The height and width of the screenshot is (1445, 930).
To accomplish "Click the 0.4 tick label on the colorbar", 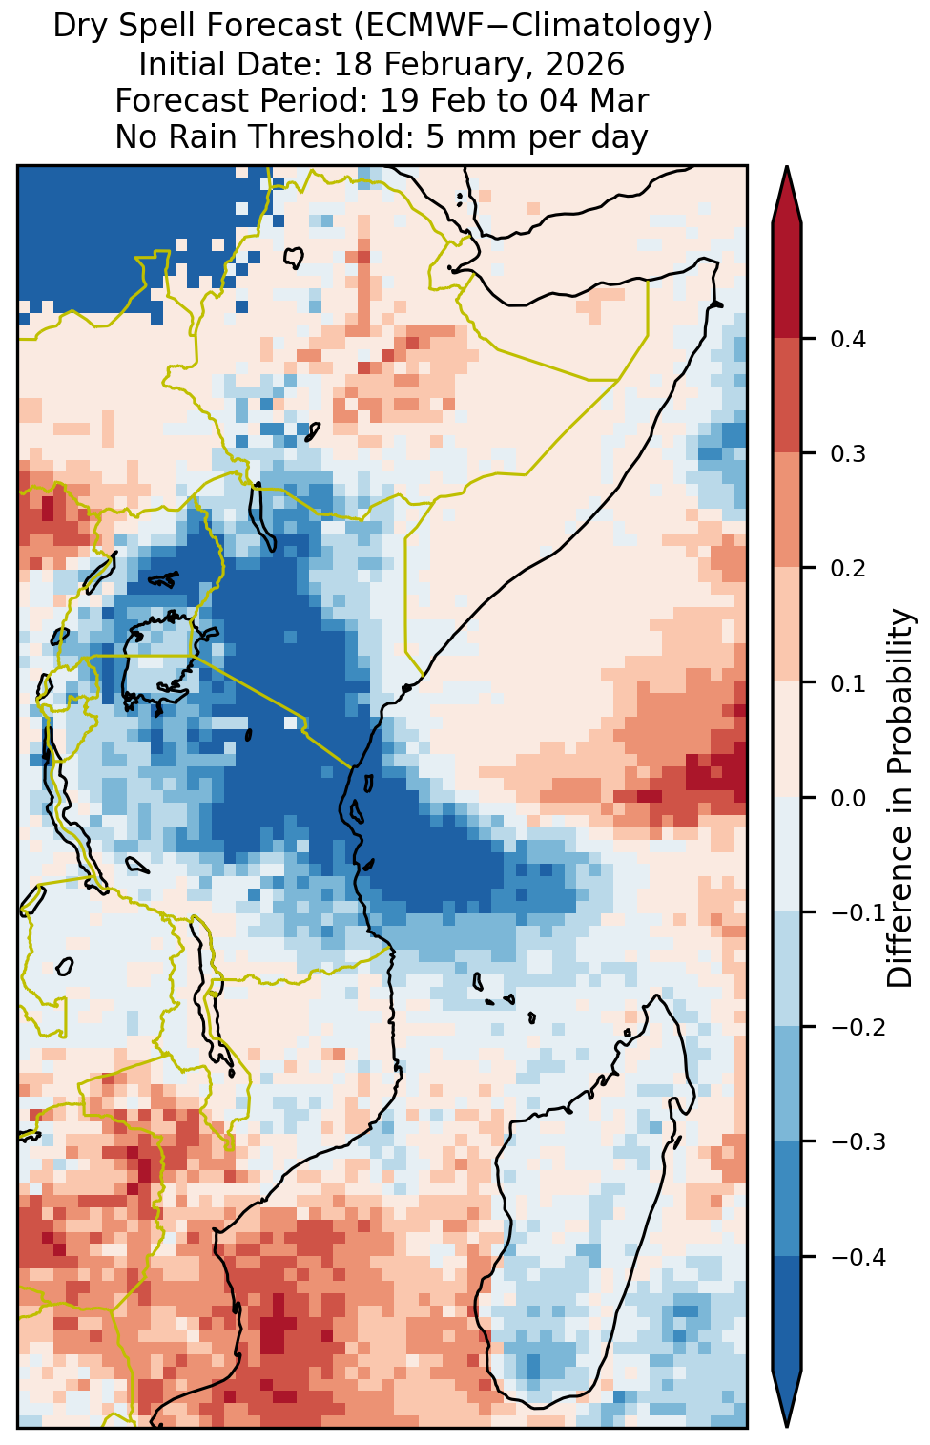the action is [848, 339].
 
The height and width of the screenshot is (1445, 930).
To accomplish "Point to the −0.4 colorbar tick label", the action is [858, 1257].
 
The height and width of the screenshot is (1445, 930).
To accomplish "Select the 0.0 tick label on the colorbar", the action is [848, 798].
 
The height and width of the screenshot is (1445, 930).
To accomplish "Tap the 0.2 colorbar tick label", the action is [848, 568].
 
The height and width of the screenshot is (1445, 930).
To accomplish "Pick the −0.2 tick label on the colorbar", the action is [858, 1028].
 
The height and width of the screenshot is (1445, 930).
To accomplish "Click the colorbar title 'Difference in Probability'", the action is [900, 797].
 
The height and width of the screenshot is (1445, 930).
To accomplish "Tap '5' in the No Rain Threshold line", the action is [434, 136].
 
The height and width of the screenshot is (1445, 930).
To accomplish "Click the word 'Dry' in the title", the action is [82, 27].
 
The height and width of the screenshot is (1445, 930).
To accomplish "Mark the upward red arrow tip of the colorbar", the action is [787, 166].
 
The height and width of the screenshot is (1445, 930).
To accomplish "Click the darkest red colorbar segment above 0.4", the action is [787, 281].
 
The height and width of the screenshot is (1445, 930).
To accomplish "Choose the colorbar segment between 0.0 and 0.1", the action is [787, 740].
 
